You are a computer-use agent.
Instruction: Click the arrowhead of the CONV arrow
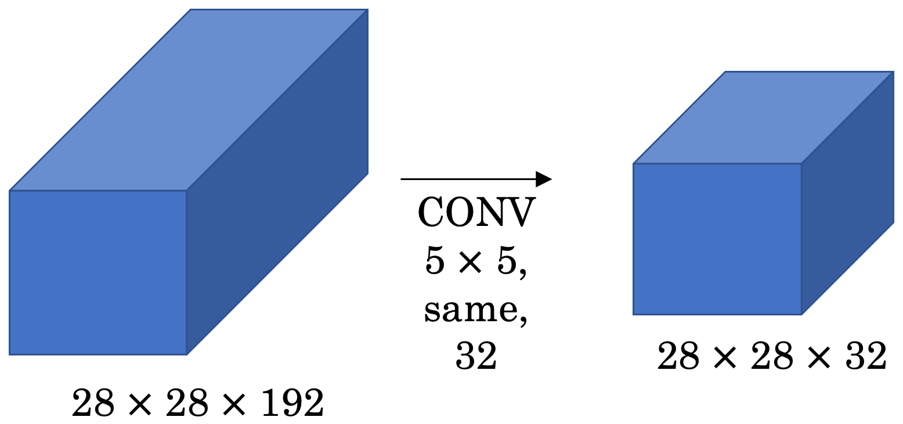[543, 179]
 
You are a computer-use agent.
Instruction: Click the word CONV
[476, 213]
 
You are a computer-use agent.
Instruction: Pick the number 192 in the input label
[292, 404]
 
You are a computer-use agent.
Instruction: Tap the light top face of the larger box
[189, 99]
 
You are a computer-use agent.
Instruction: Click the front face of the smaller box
[717, 239]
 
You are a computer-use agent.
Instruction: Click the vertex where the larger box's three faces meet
[186, 191]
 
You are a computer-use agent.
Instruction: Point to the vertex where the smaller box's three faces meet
[801, 164]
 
